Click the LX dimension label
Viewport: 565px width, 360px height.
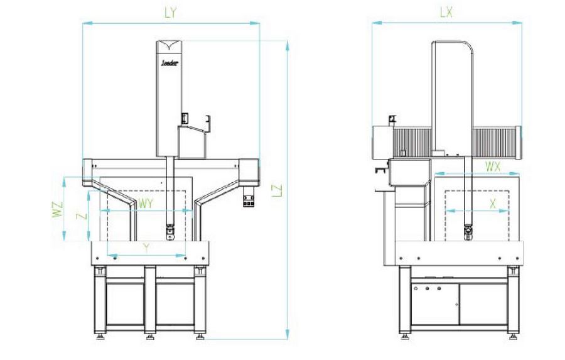pyautogui.click(x=447, y=12)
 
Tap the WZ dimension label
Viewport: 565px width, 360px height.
pyautogui.click(x=58, y=209)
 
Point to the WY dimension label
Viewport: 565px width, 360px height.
pyautogui.click(x=146, y=204)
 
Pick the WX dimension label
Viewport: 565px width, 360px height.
pyautogui.click(x=493, y=166)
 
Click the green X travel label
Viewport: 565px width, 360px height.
pyautogui.click(x=492, y=203)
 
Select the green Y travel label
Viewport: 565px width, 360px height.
pyautogui.click(x=146, y=248)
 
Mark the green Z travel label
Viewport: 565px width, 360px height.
pyautogui.click(x=80, y=215)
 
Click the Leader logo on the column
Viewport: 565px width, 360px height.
pyautogui.click(x=169, y=63)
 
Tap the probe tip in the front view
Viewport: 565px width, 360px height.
pyautogui.click(x=169, y=234)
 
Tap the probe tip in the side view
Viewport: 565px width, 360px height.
pyautogui.click(x=468, y=233)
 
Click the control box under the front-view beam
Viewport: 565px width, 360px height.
pyautogui.click(x=249, y=199)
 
